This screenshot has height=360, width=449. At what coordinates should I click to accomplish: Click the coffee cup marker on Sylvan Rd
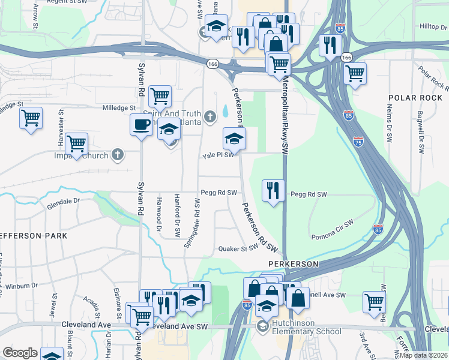pos(142,125)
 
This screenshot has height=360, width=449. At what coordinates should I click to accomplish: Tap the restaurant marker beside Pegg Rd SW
pos(274,191)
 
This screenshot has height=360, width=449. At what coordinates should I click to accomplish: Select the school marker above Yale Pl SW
pos(234,139)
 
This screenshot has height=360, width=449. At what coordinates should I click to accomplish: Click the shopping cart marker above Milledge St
pos(160,95)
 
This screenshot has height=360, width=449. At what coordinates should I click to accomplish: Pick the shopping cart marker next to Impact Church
pos(77,143)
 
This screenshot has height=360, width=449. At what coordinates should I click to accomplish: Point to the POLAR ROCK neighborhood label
pos(414,97)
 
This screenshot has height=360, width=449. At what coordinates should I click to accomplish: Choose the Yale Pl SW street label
pos(217,155)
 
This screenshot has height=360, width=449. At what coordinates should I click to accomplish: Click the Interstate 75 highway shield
pos(358,142)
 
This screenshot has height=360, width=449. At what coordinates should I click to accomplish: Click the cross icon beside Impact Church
pos(118,155)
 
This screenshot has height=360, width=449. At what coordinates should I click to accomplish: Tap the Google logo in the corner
pos(20,353)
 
